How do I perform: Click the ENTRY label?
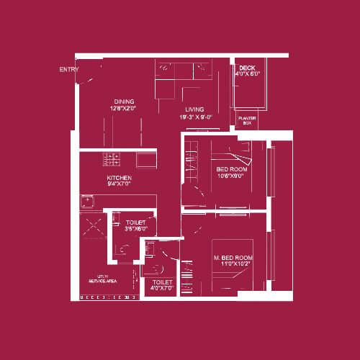69,70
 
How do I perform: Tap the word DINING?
125,102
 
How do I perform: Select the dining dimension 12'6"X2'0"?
125,108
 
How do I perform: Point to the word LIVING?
194,109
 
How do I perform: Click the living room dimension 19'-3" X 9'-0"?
194,117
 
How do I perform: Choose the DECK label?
247,68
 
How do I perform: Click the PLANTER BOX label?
247,120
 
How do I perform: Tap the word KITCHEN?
120,177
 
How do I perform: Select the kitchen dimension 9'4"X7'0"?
120,184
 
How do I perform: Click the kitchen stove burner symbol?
112,158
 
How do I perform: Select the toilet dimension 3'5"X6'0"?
136,228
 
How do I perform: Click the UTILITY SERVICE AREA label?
97,279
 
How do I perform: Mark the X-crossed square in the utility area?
93,225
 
